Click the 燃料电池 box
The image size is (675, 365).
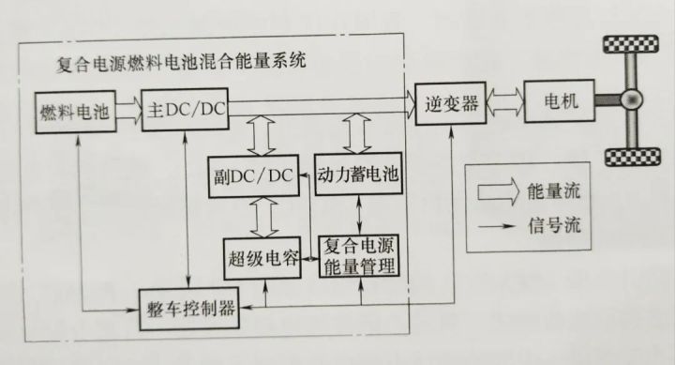[75, 111]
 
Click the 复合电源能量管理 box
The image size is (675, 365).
[359, 256]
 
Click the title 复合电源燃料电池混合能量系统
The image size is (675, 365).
[182, 65]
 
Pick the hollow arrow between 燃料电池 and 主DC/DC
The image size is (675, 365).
[127, 111]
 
